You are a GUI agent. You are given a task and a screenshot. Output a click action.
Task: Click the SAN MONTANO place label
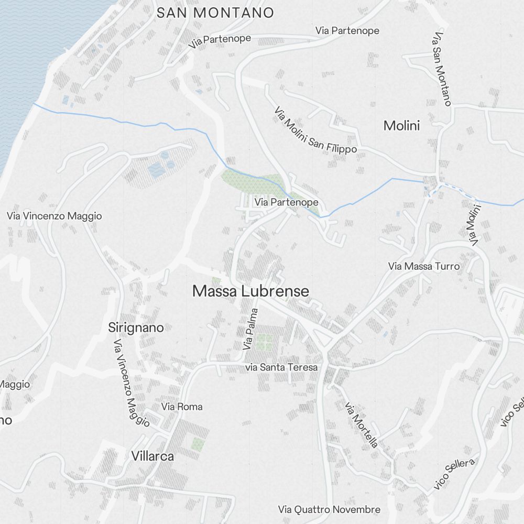click(x=215, y=13)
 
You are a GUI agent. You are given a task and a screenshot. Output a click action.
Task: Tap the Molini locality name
click(x=402, y=126)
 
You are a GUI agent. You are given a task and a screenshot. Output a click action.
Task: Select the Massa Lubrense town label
click(x=250, y=291)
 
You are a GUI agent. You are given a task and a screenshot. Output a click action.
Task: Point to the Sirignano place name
click(x=136, y=327)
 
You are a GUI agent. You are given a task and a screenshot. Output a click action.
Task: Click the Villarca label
click(x=152, y=456)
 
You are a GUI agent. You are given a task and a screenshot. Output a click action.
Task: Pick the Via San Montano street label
click(x=442, y=69)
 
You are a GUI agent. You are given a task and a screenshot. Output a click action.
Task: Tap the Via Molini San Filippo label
click(x=315, y=130)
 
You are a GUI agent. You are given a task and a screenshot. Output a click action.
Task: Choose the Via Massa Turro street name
click(x=424, y=267)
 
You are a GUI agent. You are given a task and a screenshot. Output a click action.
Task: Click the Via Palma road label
click(x=251, y=329)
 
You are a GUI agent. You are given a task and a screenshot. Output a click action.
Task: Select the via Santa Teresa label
click(x=281, y=367)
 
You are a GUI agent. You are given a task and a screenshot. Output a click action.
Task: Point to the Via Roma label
click(x=182, y=407)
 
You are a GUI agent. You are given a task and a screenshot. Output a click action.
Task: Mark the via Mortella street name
click(x=362, y=424)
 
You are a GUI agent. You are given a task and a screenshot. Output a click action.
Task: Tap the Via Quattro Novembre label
click(x=329, y=509)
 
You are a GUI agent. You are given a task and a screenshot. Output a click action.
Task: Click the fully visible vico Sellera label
click(x=454, y=474)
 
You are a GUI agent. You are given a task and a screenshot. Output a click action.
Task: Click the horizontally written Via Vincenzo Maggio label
click(x=54, y=216)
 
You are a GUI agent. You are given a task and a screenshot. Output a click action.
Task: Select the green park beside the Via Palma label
click(x=265, y=341)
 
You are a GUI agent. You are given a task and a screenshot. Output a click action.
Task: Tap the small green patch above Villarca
click(x=198, y=444)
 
